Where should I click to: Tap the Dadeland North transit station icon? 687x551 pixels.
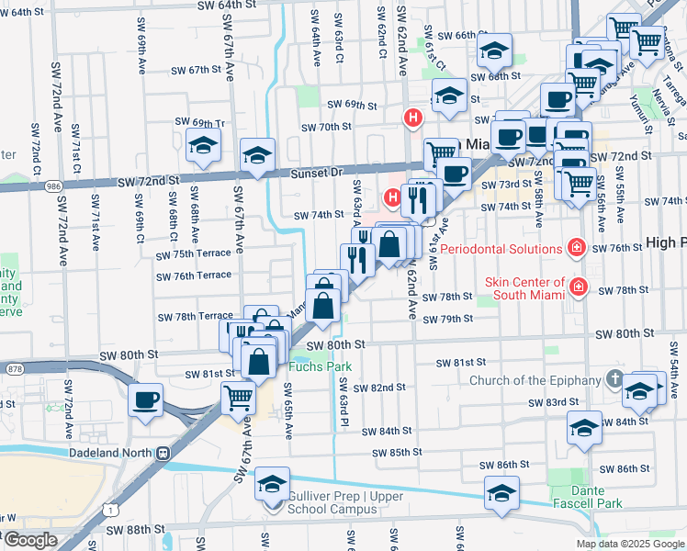pos(163,453)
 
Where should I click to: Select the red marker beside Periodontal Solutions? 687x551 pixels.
pos(576,248)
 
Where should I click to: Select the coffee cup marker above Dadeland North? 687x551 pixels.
pos(147,400)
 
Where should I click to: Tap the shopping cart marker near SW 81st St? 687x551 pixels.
pos(238,397)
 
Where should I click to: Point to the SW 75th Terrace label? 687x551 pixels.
pos(194,254)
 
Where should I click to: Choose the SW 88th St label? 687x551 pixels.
pos(132,530)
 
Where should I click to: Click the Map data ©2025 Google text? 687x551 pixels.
pos(630,544)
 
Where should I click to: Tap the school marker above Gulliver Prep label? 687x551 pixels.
pos(272,483)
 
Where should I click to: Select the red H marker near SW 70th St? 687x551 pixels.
pos(413,118)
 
